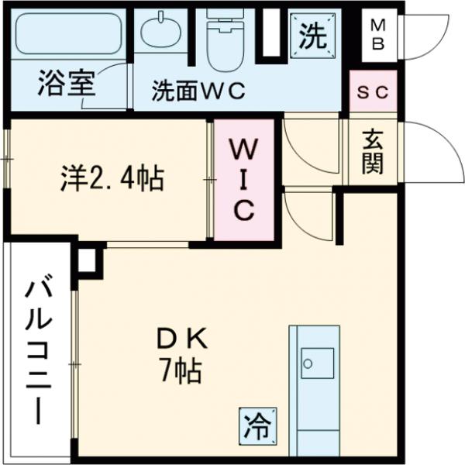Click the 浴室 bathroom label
(x=65, y=84)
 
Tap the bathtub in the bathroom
(x=71, y=34)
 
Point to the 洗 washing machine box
(x=313, y=34)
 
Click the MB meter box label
(x=378, y=35)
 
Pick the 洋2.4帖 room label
(x=112, y=180)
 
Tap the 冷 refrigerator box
(x=257, y=425)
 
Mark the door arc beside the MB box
(x=422, y=35)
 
